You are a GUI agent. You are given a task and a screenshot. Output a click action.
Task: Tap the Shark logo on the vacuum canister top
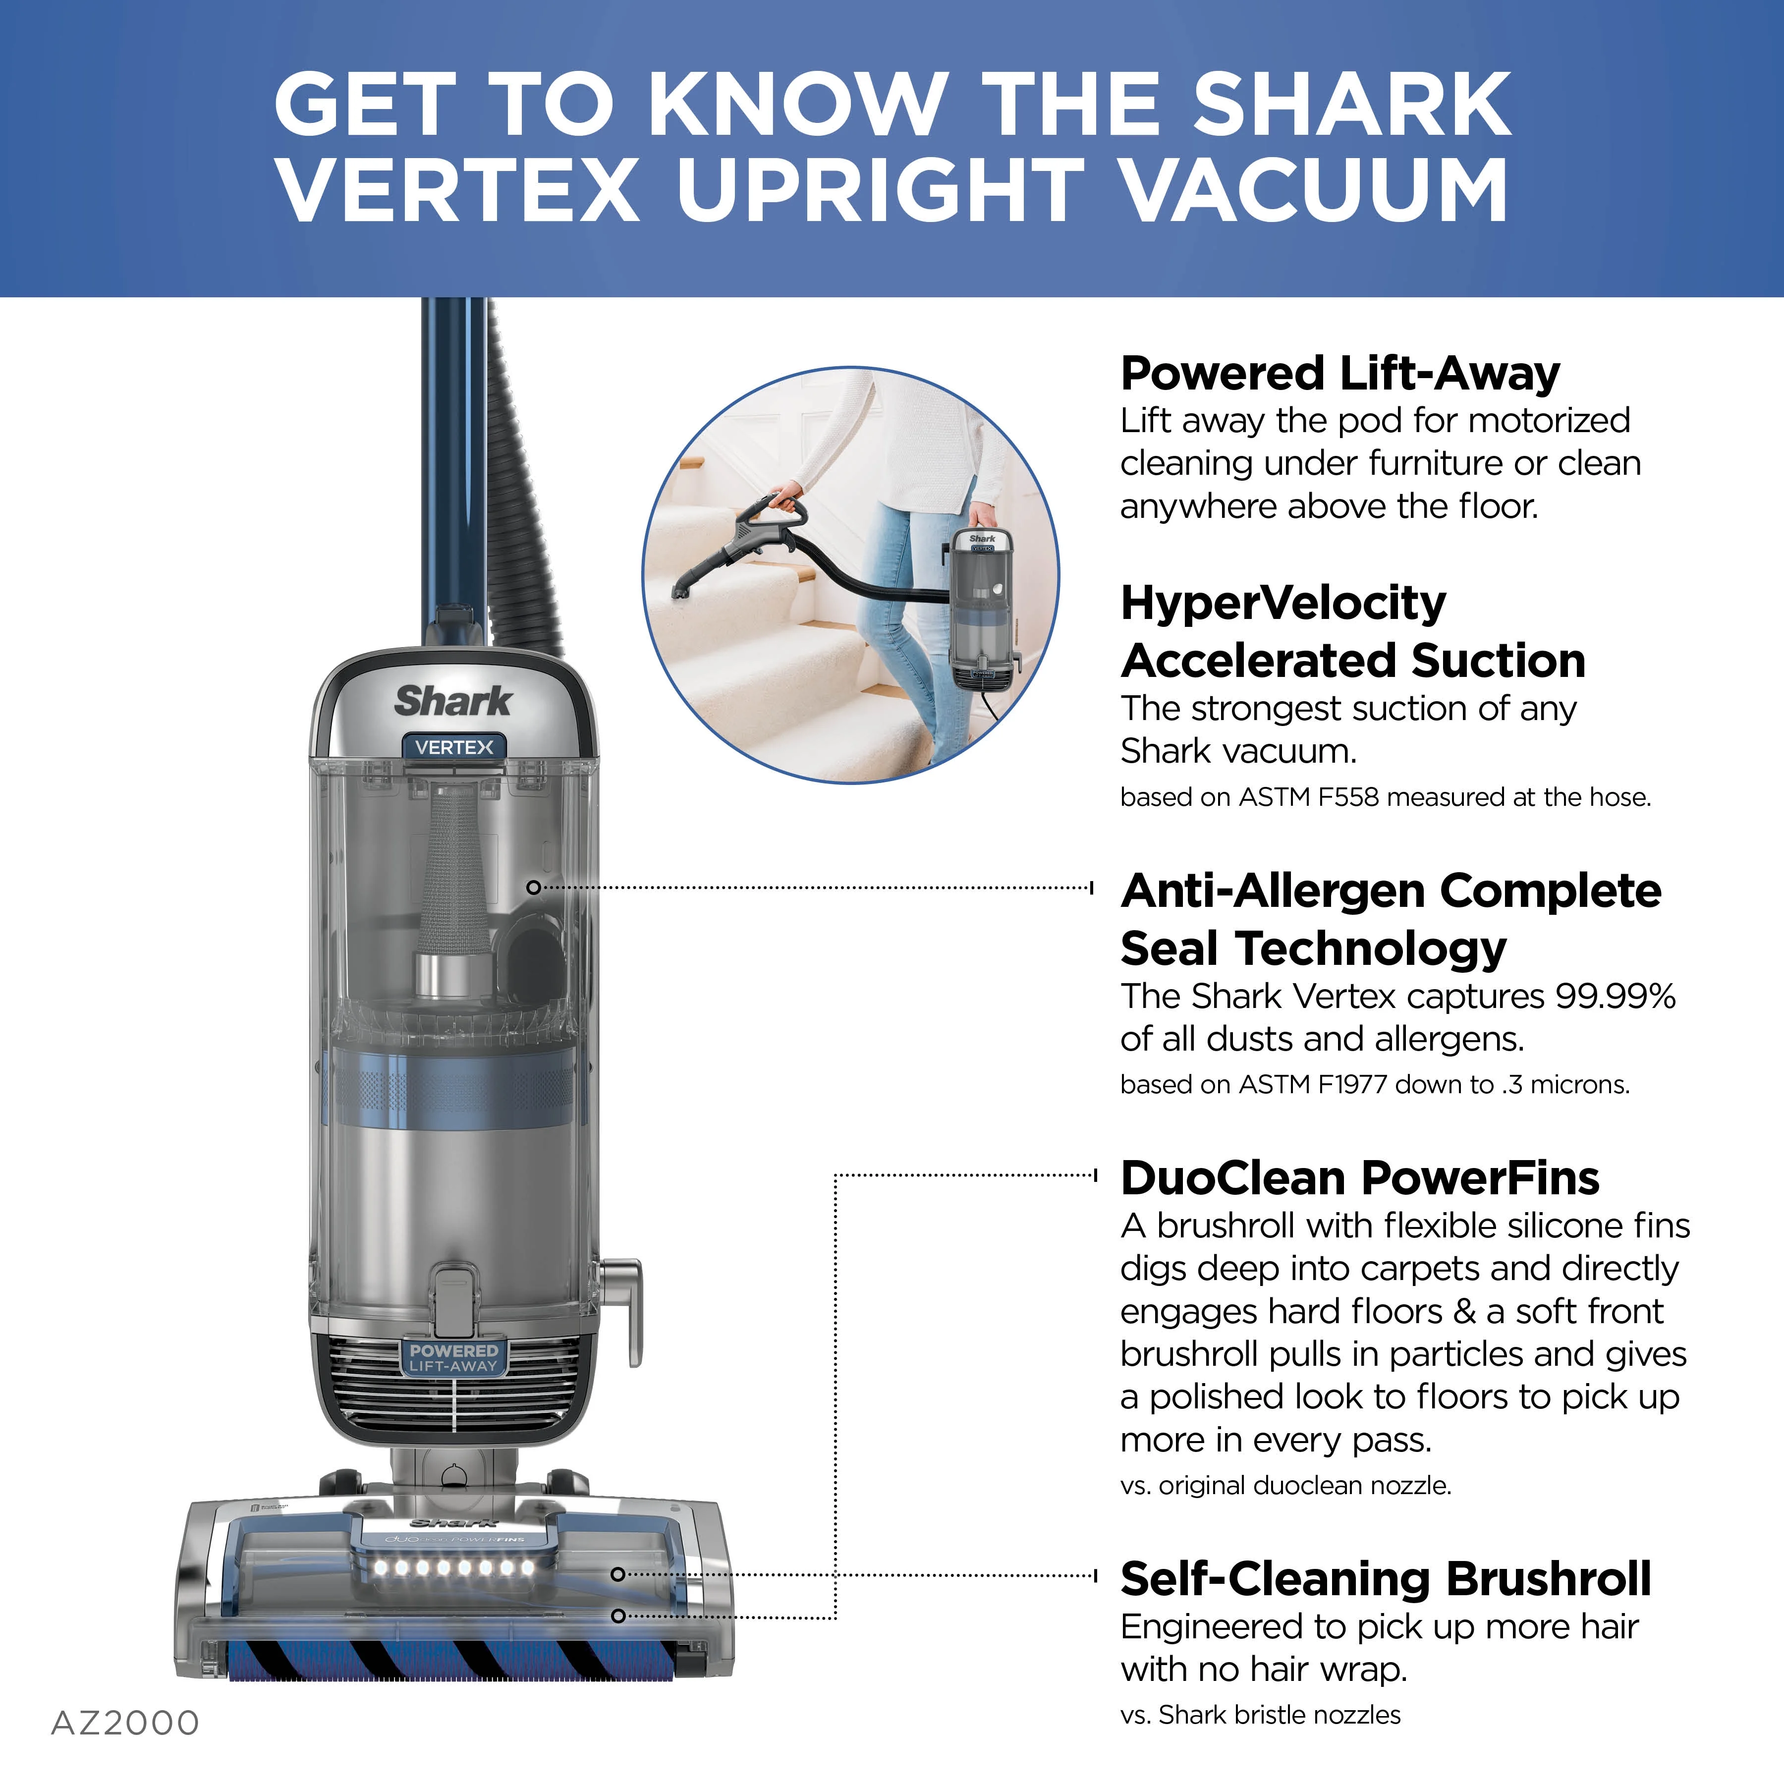click(x=452, y=701)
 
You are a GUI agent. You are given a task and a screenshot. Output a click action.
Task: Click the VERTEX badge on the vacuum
click(x=453, y=747)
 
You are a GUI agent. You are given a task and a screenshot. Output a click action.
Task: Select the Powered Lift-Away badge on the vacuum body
click(x=453, y=1357)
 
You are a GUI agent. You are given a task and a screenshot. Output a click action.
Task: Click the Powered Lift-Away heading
click(x=1340, y=374)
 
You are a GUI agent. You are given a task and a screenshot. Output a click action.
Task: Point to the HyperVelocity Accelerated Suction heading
click(x=1353, y=632)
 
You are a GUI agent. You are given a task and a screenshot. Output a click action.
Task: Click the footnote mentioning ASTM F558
click(x=1385, y=797)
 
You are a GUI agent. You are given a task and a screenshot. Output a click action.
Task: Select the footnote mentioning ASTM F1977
click(x=1375, y=1084)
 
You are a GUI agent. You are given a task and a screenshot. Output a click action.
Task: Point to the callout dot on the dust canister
click(x=533, y=888)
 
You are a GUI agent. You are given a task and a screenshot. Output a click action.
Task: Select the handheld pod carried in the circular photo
click(x=983, y=610)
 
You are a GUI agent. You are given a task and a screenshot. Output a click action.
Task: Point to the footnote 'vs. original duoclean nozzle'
click(x=1285, y=1485)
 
